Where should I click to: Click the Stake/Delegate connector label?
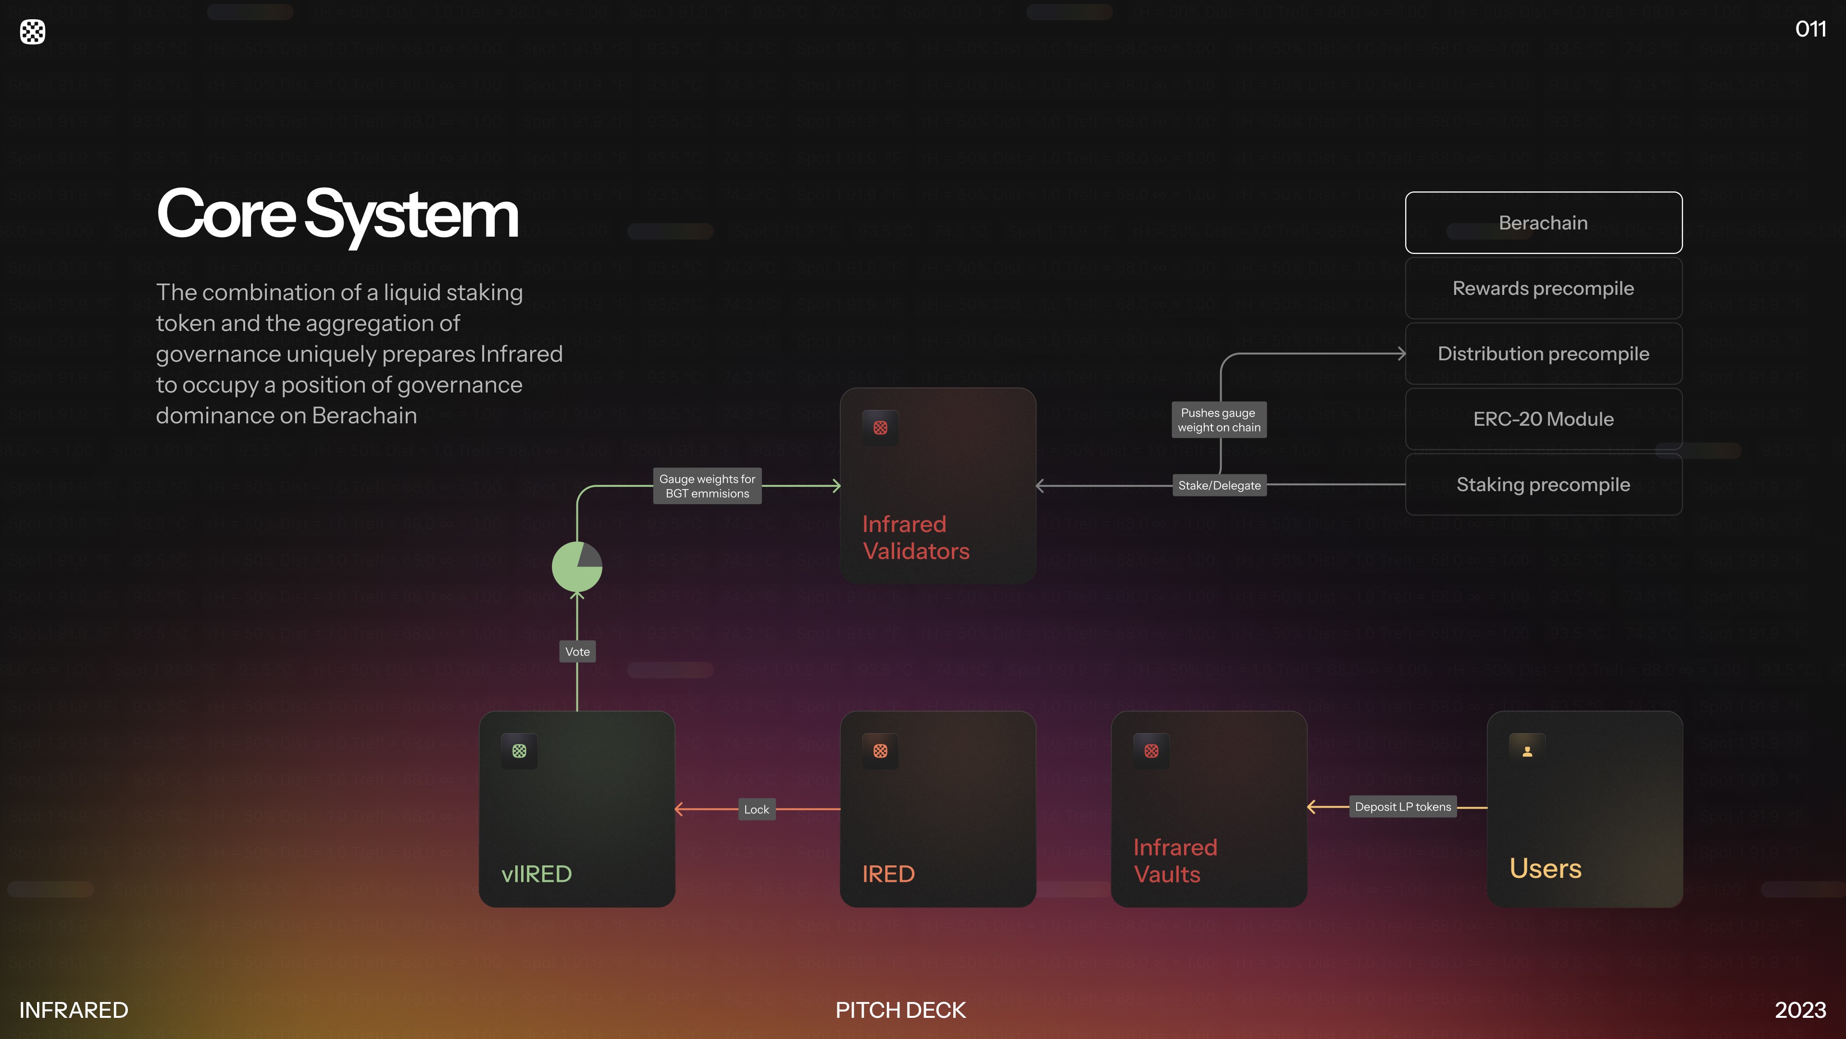click(1219, 485)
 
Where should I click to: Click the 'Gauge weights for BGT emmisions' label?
click(707, 486)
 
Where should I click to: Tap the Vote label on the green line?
click(577, 652)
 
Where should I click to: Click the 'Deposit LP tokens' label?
click(1402, 807)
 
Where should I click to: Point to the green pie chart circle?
click(577, 567)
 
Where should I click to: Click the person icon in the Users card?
click(1527, 751)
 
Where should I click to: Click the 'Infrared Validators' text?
click(915, 538)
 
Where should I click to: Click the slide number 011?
click(1810, 29)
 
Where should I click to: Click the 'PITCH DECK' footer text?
click(900, 1010)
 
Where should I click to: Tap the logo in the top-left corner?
click(32, 32)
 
